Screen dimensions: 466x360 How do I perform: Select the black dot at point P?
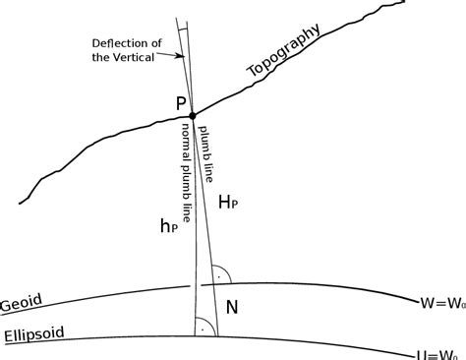(192, 115)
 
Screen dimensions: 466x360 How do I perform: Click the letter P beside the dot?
(182, 102)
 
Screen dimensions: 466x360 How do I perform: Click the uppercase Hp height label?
(227, 202)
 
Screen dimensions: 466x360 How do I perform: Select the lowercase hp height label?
(169, 226)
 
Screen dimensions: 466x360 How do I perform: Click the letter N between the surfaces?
(232, 307)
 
